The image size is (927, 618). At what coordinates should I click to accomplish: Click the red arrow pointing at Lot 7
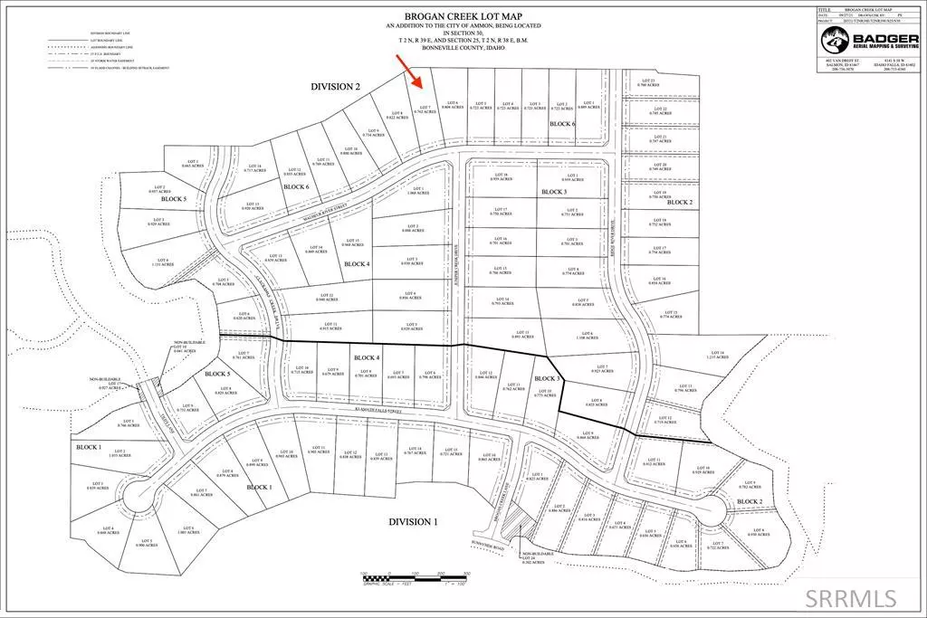point(411,70)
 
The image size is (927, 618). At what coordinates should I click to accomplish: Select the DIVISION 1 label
point(413,522)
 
